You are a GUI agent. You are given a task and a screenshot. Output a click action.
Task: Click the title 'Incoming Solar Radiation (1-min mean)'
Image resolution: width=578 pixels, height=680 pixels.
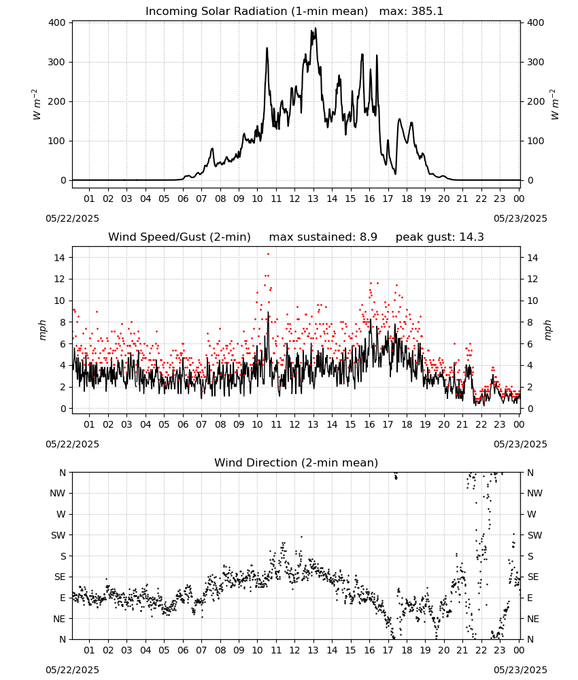click(256, 12)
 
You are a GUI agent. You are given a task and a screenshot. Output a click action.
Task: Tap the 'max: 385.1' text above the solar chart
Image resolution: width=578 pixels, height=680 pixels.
click(411, 12)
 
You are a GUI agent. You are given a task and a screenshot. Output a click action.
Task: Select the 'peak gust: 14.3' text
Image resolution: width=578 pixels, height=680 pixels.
click(440, 237)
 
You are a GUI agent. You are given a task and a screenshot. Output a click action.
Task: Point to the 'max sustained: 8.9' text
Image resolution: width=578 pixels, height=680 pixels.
click(323, 237)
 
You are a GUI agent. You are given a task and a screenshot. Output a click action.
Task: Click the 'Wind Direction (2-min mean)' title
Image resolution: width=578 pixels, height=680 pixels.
click(296, 462)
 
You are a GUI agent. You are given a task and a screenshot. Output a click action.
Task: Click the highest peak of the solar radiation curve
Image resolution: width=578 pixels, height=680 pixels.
click(316, 29)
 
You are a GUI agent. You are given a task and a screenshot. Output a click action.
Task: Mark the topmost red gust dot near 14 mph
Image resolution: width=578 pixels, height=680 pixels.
click(268, 254)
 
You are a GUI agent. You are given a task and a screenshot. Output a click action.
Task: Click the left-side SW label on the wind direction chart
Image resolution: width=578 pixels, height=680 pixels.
click(58, 535)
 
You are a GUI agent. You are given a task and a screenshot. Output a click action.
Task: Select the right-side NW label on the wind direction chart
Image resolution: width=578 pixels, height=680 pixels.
click(534, 493)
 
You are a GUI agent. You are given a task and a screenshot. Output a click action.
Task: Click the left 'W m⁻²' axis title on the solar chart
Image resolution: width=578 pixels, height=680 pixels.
click(37, 105)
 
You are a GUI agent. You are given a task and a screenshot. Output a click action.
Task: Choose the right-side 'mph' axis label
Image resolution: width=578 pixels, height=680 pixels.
click(547, 330)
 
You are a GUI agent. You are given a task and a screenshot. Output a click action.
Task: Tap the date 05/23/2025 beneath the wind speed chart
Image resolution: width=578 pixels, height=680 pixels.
click(520, 444)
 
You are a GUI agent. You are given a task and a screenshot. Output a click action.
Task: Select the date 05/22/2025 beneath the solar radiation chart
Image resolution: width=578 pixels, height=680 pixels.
click(72, 218)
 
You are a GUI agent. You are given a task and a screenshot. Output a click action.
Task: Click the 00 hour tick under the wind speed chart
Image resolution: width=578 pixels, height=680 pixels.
click(519, 424)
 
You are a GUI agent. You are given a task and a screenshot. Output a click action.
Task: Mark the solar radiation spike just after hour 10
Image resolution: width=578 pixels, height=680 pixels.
click(267, 48)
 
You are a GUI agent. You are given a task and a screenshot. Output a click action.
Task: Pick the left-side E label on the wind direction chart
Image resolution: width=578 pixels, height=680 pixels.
click(63, 598)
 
